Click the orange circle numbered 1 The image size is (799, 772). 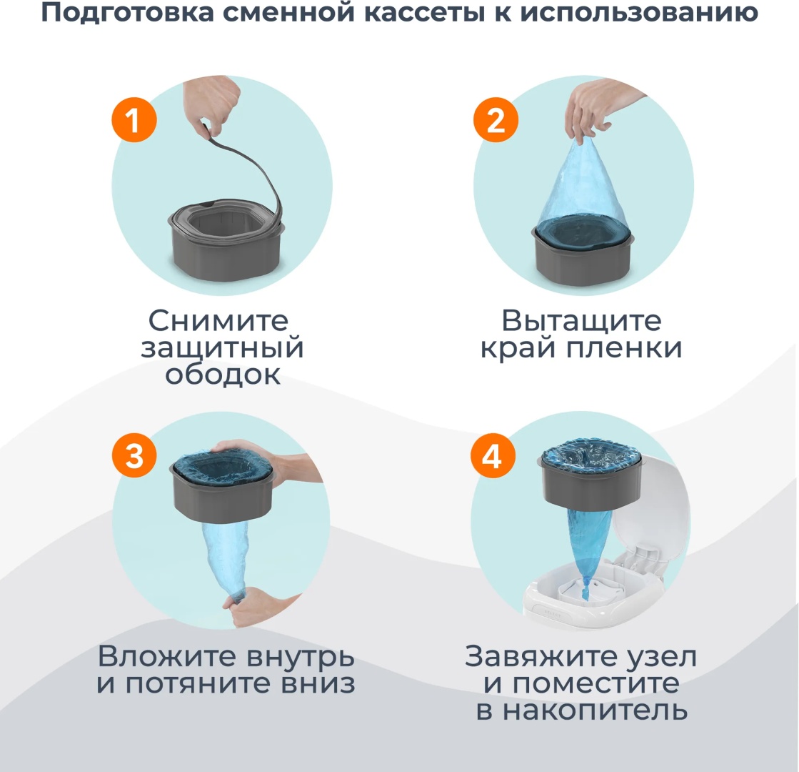coord(134,120)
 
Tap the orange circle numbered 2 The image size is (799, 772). coord(496,120)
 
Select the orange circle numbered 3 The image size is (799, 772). coord(134,455)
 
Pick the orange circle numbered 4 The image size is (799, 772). coord(492,455)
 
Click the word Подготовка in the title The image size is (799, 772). coord(128,13)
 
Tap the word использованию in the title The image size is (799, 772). coord(639,14)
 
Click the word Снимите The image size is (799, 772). coord(218,320)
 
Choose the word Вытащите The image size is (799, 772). coord(581,320)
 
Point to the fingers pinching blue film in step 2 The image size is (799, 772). coord(591,109)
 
